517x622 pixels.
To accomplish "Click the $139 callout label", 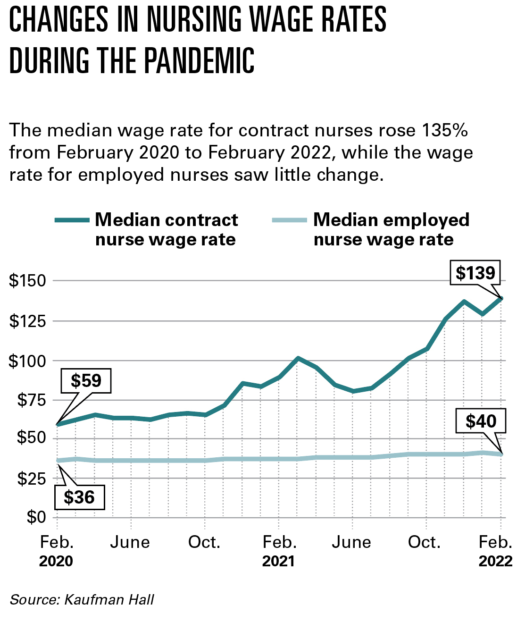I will [475, 273].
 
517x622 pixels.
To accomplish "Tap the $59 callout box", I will [86, 380].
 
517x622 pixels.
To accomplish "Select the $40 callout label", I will [481, 420].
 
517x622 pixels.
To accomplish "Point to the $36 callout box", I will [79, 497].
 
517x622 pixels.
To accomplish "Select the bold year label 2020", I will [56, 561].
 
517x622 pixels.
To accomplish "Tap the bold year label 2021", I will [279, 561].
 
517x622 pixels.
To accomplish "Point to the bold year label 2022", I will [495, 561].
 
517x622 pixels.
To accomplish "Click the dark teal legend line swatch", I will [72, 220].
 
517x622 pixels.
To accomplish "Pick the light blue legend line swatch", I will [290, 220].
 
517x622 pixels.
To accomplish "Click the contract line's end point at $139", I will [501, 298].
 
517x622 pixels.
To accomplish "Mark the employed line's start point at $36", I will [58, 461].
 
